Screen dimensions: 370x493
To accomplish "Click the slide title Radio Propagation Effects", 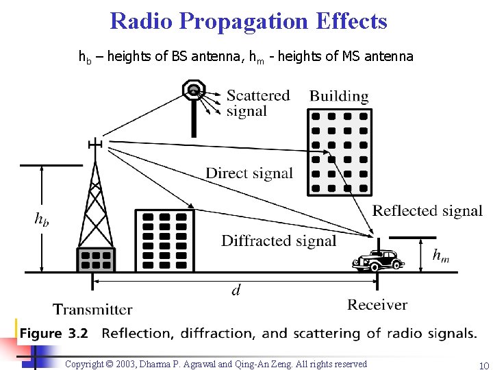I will pos(248,21).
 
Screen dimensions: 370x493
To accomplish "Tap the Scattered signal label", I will pos(257,103).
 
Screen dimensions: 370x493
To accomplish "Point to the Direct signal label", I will pos(249,173).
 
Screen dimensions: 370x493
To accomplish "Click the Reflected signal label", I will pos(427,211).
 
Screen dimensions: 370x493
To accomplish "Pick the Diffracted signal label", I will pos(279,241).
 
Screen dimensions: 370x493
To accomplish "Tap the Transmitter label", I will pos(92,310).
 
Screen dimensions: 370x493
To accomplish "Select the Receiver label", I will pos(377,304).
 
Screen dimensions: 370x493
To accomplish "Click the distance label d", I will pos(236,291).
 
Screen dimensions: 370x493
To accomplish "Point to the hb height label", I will pos(42,219).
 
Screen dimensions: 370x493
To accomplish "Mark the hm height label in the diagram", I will pos(441,256).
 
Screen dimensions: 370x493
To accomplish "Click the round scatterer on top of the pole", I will pos(194,89).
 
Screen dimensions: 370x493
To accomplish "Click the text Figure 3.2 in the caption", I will pos(54,334).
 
